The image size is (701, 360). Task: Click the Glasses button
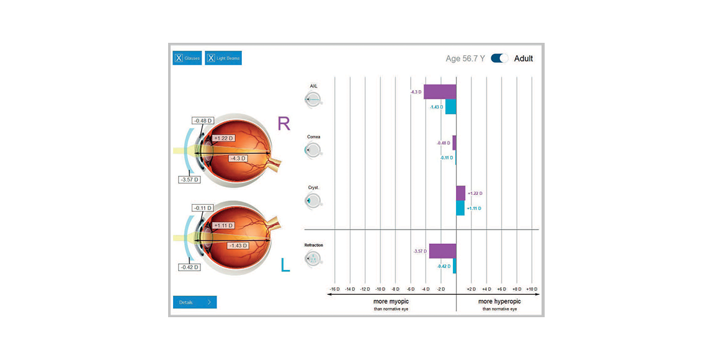coord(187,58)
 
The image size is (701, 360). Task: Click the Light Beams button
coord(223,58)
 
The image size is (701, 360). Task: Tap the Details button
coord(195,302)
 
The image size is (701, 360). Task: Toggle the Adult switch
coord(499,58)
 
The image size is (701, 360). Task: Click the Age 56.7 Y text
coord(465,58)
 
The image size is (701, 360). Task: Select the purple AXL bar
coord(440,92)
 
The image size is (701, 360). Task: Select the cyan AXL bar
coord(450,106)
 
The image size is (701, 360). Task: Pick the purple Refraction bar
coord(442,251)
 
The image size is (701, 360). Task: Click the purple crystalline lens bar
coord(460,193)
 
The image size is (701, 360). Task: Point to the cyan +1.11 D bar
coord(460,208)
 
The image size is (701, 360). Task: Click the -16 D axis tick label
coord(335,289)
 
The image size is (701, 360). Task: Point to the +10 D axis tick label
coord(532,289)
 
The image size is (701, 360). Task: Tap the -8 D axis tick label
coord(395,289)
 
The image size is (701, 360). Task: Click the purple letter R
coord(284,123)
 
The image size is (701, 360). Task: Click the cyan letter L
coord(285,265)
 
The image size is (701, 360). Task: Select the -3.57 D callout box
coord(190,180)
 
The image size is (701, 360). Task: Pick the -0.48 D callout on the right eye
coord(203,121)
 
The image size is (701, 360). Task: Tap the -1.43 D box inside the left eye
coord(238,246)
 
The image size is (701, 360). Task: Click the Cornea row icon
coord(313,150)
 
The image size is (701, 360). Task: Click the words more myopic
coord(391,302)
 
